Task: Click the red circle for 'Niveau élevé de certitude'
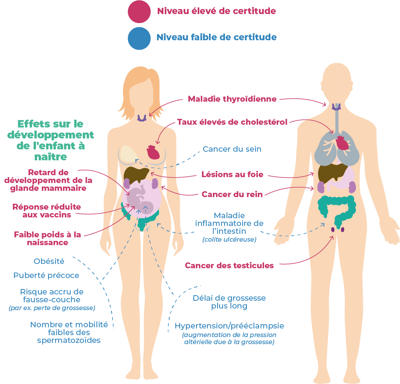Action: (x=139, y=11)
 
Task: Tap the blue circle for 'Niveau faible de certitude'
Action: (x=139, y=38)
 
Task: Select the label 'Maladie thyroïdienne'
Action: (x=232, y=99)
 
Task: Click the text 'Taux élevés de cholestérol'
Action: (x=232, y=122)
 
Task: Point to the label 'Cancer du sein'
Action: (x=232, y=149)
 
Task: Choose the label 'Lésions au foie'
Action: (x=232, y=174)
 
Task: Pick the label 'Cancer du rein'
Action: (x=232, y=194)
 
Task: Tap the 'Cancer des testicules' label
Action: (x=229, y=266)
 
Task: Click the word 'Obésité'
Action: (x=49, y=261)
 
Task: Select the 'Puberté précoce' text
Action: (x=46, y=275)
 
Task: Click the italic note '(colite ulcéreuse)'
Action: (x=229, y=239)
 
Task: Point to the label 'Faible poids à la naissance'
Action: (x=47, y=239)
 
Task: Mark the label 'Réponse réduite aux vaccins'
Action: (x=46, y=210)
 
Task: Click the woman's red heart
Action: (x=153, y=152)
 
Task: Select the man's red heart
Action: (x=343, y=143)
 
